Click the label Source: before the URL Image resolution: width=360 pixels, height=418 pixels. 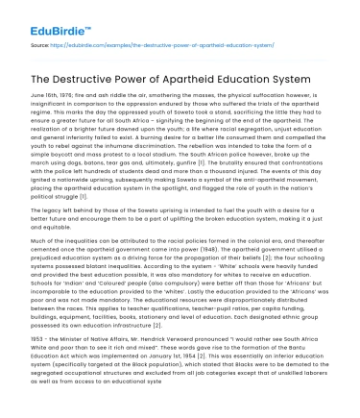tap(40, 44)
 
